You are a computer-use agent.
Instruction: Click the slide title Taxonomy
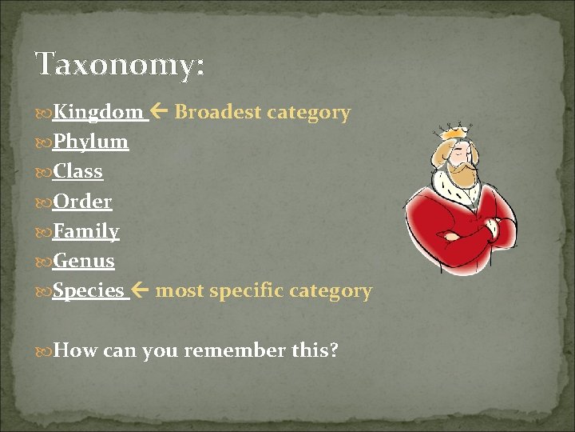119,65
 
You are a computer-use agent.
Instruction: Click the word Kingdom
98,112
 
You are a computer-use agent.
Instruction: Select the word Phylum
90,142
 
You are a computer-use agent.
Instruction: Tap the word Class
77,171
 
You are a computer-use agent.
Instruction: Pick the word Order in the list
82,202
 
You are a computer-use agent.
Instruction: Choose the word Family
86,232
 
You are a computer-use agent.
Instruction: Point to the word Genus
84,261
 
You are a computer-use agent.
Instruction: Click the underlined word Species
88,290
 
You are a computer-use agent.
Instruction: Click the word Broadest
217,112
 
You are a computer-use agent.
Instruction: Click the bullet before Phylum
44,143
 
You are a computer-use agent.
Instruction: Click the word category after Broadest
308,112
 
